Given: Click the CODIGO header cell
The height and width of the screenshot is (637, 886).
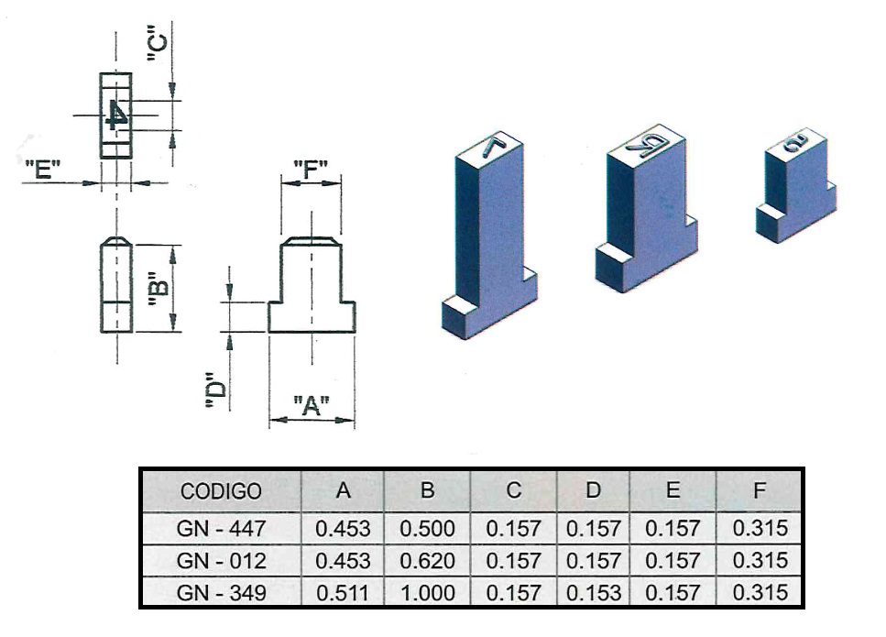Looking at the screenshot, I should point(221,490).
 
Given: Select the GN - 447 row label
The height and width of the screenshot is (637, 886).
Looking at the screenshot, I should point(221,528).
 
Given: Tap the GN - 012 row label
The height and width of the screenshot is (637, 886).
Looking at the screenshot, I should point(221,560).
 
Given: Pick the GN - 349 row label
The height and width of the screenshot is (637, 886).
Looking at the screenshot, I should point(221,592).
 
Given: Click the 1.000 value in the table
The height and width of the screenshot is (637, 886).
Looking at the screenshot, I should point(427,592).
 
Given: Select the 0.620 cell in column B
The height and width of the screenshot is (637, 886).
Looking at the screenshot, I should point(427,560).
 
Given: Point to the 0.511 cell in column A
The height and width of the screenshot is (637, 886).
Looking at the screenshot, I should point(343,592).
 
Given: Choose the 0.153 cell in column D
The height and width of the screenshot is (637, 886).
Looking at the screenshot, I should point(594,592).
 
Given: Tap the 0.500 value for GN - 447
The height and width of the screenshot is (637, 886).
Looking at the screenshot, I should point(427,528).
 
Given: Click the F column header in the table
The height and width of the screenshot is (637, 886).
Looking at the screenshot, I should point(759,490).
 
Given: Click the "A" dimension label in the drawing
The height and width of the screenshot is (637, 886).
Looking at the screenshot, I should point(312,404).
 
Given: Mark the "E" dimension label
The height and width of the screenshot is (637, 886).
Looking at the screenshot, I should point(43,170).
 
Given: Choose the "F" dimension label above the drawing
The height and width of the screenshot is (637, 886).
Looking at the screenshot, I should point(312,170).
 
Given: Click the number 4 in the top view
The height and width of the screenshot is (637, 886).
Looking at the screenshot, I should point(116,115).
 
